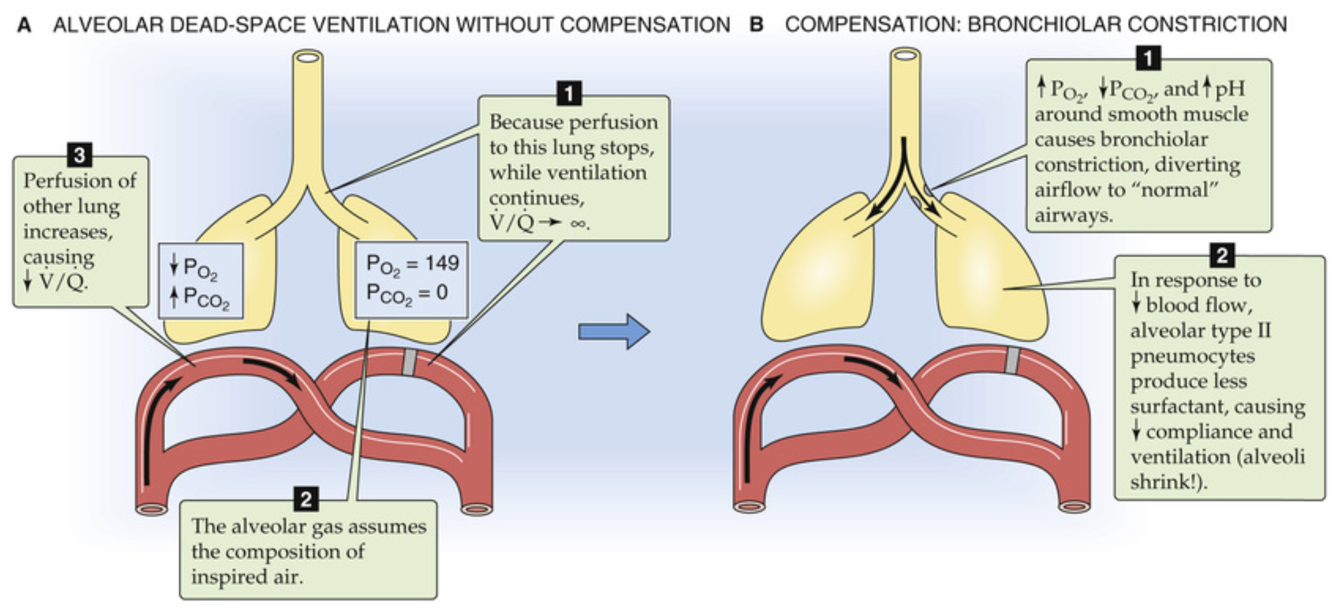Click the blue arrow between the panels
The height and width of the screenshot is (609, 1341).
click(613, 331)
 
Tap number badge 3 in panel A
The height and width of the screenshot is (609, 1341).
click(80, 155)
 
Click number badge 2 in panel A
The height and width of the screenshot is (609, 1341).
click(306, 499)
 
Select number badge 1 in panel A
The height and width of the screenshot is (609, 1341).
click(569, 94)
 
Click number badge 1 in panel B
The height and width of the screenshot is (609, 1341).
click(1148, 59)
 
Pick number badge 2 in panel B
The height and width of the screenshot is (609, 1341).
click(1222, 255)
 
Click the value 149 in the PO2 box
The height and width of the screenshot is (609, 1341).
click(442, 263)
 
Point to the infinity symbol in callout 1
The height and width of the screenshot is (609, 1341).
click(579, 224)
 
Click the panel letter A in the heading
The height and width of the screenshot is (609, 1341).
click(24, 25)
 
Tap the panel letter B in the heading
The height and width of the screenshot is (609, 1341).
click(757, 25)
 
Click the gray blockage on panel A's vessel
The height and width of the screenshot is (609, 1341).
click(410, 362)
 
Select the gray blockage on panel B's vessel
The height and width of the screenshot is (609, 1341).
click(1012, 361)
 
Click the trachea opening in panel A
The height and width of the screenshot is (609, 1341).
click(308, 58)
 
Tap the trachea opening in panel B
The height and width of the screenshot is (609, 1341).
click(905, 55)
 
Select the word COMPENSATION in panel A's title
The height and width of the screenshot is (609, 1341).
click(645, 25)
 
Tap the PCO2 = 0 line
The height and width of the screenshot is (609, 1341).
click(407, 294)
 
